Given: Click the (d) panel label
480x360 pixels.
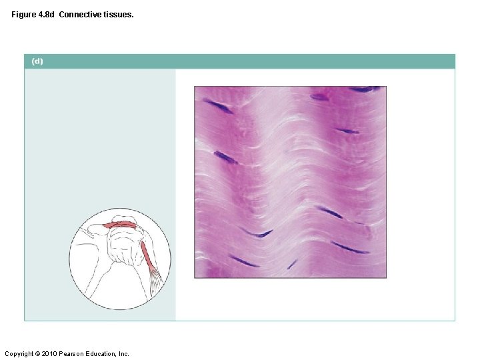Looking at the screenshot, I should click(x=37, y=61).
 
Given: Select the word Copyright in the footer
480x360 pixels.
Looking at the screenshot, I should click(x=19, y=353).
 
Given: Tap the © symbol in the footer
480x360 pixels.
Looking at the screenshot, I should click(x=39, y=353).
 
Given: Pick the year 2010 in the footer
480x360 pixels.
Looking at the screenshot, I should click(x=51, y=353).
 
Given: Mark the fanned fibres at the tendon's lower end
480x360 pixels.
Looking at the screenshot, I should click(x=155, y=280).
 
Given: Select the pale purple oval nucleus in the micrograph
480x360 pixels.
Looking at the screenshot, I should click(x=319, y=97).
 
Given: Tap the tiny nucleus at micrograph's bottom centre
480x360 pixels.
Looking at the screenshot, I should click(x=291, y=265).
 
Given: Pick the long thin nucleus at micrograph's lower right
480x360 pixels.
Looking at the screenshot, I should click(x=349, y=248).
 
